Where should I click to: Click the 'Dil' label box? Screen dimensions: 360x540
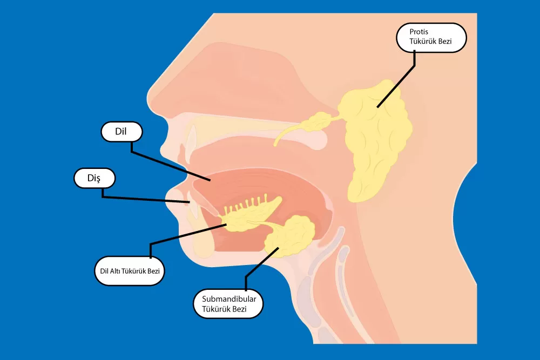pos(122,132)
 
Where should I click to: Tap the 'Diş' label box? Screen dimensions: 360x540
pos(94,178)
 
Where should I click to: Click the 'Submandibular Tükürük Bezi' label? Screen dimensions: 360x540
pos(228,303)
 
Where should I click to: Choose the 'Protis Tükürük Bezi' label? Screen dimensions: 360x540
pos(430,37)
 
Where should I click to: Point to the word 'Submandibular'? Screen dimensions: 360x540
pos(228,298)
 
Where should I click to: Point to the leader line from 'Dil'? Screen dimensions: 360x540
pos(167,165)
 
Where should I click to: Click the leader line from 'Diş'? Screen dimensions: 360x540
pos(146,199)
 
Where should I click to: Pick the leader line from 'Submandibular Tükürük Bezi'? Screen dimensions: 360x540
pos(259,264)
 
